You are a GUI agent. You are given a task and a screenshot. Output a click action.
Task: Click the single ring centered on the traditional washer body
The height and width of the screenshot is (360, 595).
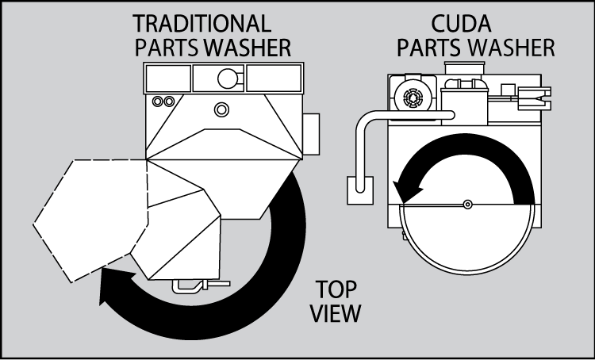(221, 108)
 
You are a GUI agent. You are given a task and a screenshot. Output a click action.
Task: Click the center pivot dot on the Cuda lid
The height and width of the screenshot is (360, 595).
(467, 204)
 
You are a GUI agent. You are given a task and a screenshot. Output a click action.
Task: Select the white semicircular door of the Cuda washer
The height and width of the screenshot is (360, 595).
(467, 234)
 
